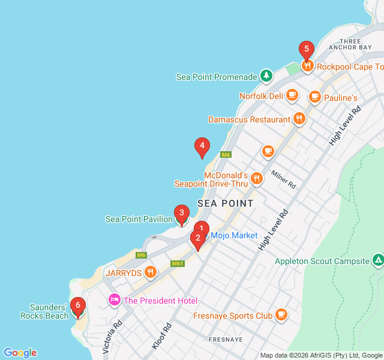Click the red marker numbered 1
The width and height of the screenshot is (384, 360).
pos(202,228)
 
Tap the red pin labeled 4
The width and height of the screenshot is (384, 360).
pos(202,145)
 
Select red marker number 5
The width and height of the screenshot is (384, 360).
pos(307,49)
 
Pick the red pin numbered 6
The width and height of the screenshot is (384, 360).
pos(77,305)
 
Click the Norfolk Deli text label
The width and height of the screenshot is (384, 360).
pos(261,95)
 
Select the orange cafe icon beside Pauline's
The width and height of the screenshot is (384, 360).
pos(314,97)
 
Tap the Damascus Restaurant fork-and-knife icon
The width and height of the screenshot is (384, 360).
pos(299,119)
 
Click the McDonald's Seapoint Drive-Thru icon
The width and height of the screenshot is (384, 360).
pos(257,178)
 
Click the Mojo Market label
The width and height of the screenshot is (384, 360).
pos(233,235)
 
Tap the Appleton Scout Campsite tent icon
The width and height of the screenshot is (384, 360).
pos(378,261)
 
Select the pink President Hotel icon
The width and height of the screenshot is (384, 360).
pos(114,299)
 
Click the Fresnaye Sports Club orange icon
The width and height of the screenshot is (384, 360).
pos(281,315)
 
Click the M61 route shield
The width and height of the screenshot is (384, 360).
pos(177,263)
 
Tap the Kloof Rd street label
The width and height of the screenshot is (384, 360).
pos(161,336)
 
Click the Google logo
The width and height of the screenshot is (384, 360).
pos(20,353)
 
